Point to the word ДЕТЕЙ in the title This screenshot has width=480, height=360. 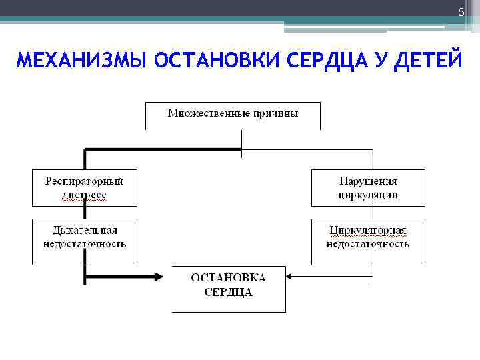click(427, 61)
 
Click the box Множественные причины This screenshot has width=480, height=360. click(233, 115)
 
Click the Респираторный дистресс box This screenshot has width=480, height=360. click(85, 187)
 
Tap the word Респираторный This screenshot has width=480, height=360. click(85, 181)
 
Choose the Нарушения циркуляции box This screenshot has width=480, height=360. click(368, 187)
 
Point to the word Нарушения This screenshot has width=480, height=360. click(368, 181)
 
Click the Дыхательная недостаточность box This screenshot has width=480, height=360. click(85, 241)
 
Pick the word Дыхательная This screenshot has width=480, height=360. click(85, 230)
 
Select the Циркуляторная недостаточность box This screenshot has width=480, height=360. click(368, 241)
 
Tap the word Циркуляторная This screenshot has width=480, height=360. click(368, 231)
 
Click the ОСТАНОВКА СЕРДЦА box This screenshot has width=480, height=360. click(229, 288)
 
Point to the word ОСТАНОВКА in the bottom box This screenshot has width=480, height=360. click(229, 278)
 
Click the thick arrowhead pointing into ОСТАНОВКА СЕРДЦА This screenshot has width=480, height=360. click(159, 275)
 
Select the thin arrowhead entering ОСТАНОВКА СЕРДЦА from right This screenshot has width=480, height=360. click(291, 275)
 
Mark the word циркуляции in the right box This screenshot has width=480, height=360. click(368, 195)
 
